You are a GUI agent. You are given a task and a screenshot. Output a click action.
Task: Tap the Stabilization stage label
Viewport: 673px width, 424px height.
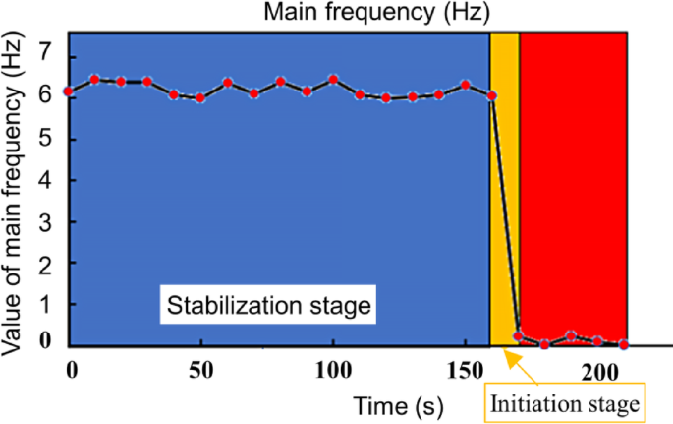[x=267, y=305]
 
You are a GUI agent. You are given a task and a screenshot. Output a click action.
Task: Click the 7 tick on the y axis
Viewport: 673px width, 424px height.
[x=44, y=49]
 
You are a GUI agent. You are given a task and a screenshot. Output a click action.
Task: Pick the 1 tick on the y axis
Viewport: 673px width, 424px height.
[x=44, y=304]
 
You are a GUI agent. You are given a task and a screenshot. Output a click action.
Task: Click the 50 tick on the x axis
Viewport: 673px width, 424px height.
[x=200, y=370]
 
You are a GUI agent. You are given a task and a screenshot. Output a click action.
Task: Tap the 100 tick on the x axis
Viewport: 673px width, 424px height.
[x=333, y=370]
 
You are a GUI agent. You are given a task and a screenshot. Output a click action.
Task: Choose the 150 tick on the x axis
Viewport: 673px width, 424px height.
[x=464, y=370]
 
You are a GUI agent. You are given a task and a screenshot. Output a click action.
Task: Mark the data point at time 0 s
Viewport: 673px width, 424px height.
[x=68, y=91]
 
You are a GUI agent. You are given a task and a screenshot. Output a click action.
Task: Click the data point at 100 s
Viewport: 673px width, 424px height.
[x=333, y=79]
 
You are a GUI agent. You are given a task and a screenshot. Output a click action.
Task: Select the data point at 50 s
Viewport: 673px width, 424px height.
[x=200, y=98]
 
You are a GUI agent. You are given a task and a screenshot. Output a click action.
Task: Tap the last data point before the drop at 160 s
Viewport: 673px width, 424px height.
[x=491, y=95]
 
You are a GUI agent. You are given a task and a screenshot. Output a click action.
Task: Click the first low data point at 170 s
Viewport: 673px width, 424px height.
[x=519, y=336]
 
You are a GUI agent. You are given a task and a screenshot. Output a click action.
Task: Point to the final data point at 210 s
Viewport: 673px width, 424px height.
[x=623, y=345]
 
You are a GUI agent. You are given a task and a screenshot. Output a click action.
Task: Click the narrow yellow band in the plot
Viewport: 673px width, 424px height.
[x=504, y=197]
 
